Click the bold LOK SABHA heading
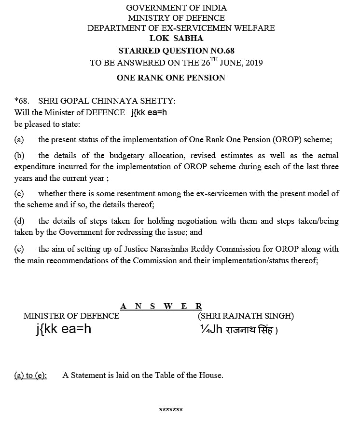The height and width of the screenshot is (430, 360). (x=176, y=38)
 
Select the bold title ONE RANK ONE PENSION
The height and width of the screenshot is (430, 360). (x=171, y=78)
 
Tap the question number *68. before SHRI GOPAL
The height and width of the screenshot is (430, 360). (x=22, y=101)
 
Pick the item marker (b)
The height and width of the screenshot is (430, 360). (x=19, y=156)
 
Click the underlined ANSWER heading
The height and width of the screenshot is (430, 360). (x=161, y=306)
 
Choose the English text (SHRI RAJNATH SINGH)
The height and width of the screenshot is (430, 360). (x=246, y=316)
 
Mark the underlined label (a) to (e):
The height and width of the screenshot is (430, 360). (x=31, y=375)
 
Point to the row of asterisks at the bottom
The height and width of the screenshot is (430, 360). (x=171, y=410)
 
